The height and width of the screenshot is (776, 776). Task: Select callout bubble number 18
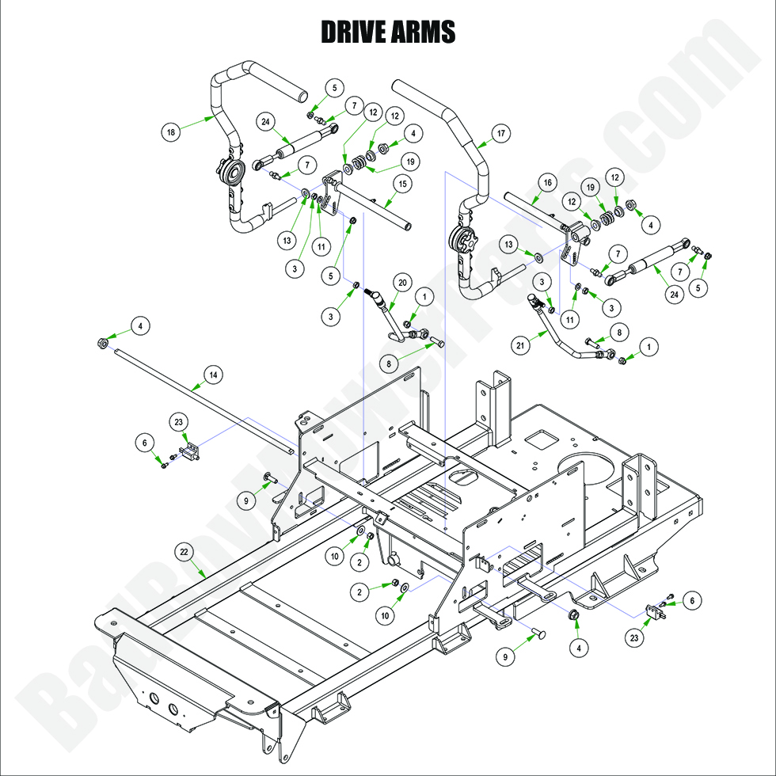170,131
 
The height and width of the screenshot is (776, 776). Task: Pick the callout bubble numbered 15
401,184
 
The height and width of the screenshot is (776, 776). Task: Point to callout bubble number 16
546,182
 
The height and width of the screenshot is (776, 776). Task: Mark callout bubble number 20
401,283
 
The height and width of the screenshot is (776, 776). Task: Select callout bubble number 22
184,551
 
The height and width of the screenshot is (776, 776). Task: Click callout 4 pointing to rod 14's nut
139,325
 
